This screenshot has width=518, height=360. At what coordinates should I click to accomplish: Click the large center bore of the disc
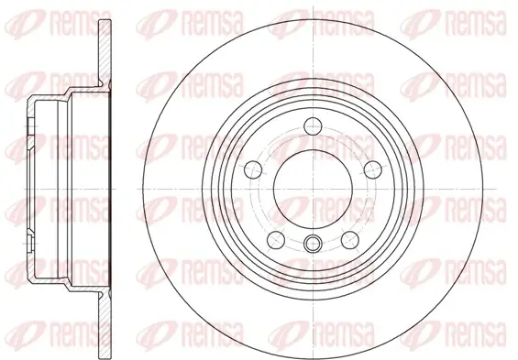[x=313, y=189]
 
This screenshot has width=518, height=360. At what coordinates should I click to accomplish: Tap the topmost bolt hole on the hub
[x=313, y=126]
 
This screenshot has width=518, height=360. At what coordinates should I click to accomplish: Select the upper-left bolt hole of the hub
[x=253, y=169]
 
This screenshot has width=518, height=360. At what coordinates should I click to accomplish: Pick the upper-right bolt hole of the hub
[x=373, y=169]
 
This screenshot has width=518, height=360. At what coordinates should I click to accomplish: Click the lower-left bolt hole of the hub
[x=276, y=240]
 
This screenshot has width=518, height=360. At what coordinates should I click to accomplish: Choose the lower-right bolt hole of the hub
[x=350, y=240]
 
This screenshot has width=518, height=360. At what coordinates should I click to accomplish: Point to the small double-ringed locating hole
[x=313, y=244]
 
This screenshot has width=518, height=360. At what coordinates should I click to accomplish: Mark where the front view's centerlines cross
[x=313, y=189]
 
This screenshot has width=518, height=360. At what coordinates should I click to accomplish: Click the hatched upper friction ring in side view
[x=105, y=54]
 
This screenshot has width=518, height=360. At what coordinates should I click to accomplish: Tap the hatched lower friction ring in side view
[x=105, y=323]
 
